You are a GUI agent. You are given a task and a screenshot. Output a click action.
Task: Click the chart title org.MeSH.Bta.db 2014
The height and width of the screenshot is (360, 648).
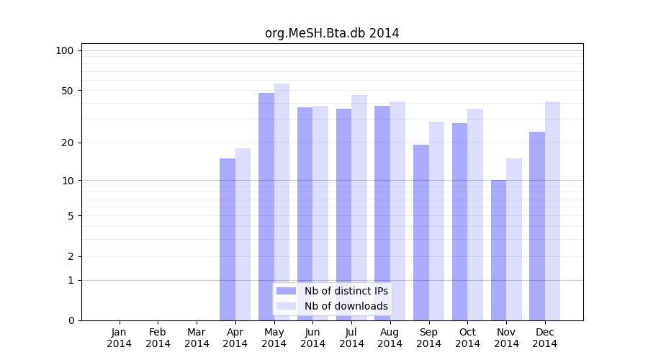[332, 33]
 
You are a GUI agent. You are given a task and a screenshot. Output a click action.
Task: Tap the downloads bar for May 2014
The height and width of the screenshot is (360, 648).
[282, 202]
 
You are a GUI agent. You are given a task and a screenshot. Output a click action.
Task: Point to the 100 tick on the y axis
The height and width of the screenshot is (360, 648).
[65, 50]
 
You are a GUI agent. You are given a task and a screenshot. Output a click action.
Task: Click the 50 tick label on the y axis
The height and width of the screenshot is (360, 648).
[68, 91]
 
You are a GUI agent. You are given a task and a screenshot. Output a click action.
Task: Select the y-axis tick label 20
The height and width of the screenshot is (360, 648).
[68, 143]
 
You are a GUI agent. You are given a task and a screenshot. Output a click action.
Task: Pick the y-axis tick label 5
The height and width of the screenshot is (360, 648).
[71, 215]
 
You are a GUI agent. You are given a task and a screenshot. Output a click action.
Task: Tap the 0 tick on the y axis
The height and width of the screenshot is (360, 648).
[71, 320]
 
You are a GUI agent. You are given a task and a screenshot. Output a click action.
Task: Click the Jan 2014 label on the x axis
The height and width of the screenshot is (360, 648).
[120, 338]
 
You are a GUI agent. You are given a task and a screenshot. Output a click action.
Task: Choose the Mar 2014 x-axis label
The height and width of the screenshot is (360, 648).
[197, 338]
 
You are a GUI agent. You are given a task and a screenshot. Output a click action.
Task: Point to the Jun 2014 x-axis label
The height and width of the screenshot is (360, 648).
[312, 338]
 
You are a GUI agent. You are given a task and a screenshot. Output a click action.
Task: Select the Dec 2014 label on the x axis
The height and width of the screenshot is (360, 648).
[545, 338]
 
